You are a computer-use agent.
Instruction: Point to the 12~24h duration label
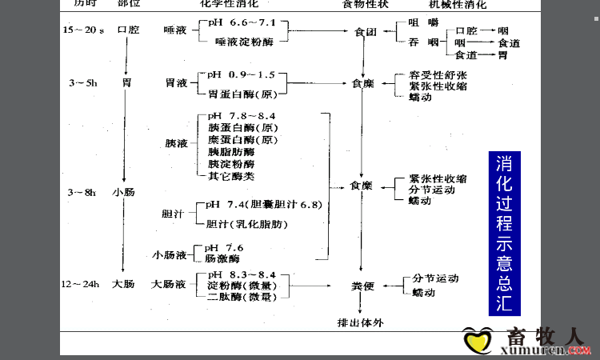82,284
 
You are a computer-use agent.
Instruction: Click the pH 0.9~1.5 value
241,74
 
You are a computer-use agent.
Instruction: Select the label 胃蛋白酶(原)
242,93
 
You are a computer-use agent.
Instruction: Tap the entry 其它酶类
231,175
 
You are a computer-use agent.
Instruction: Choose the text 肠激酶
222,259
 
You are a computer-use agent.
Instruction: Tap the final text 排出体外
362,322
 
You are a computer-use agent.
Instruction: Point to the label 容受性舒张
438,74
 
